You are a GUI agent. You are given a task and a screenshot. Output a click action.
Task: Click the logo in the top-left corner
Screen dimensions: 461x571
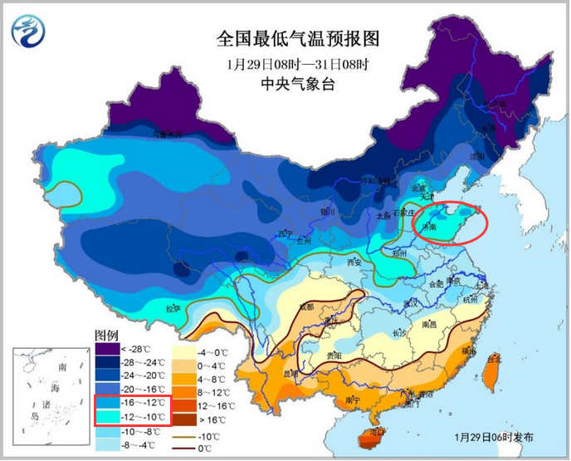(x=29, y=31)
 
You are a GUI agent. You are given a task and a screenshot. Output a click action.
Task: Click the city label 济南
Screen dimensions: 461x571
(x=429, y=225)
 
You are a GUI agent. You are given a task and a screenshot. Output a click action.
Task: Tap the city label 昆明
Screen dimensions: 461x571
(x=291, y=374)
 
